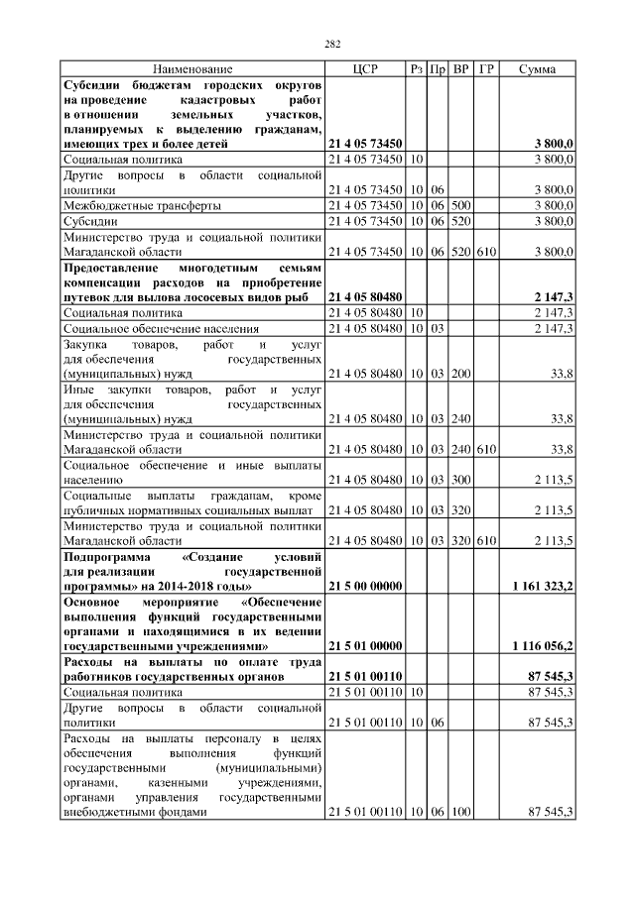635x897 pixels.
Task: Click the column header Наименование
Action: point(192,69)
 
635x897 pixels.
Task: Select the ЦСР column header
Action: point(364,69)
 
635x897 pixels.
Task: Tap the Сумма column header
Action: point(537,69)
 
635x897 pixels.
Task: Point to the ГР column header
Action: point(485,69)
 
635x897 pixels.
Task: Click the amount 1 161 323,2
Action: point(543,587)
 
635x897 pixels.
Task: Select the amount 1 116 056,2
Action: point(543,645)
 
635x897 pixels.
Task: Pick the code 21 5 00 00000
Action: point(364,587)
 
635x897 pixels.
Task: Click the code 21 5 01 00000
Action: point(364,645)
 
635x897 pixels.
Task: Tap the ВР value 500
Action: point(460,205)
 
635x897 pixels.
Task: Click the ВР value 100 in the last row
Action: point(460,812)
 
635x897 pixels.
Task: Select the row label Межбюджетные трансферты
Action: point(142,205)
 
